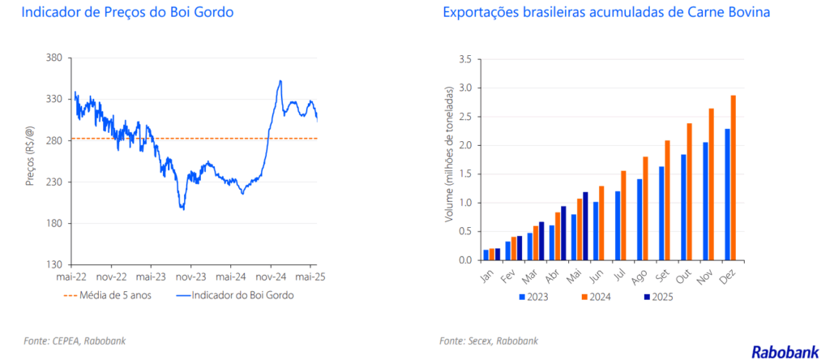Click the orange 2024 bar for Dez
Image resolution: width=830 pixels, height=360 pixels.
tap(733, 178)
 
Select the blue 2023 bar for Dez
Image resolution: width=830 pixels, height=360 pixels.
tap(727, 195)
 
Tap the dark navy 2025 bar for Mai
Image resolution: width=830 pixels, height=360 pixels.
tap(585, 226)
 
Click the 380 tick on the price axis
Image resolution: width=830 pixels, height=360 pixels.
tap(55, 58)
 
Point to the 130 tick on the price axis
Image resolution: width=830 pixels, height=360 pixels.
tap(55, 264)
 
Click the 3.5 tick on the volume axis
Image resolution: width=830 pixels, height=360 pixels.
tap(466, 59)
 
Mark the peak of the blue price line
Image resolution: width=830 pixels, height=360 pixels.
tap(280, 81)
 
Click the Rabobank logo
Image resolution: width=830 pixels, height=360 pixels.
tap(784, 351)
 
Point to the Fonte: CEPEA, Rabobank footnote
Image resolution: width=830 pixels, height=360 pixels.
tap(75, 341)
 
